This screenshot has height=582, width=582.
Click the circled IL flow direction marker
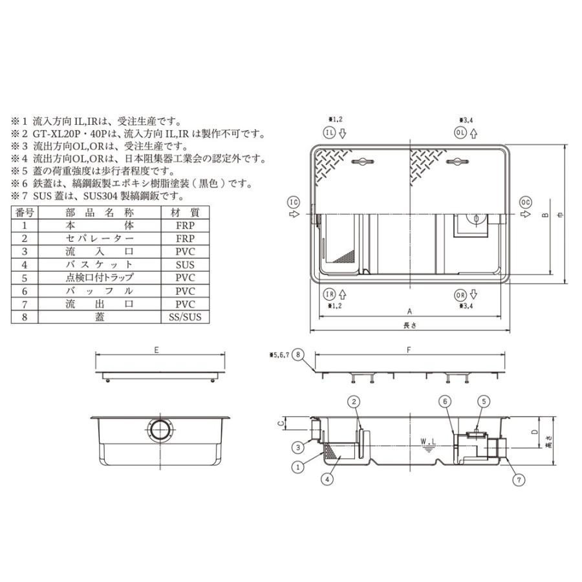click(329, 133)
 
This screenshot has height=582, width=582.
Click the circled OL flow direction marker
click(460, 133)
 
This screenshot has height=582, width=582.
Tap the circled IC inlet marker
click(293, 202)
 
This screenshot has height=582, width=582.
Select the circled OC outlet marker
click(526, 202)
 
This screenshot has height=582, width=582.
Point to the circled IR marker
click(329, 294)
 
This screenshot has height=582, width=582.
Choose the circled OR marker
click(460, 294)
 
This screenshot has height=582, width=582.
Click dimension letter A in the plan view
click(409, 310)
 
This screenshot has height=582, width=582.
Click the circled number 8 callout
click(297, 354)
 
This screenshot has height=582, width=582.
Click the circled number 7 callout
click(517, 479)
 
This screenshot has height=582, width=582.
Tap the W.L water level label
click(427, 442)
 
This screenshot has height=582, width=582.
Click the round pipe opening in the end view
click(160, 430)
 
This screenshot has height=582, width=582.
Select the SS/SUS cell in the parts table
click(185, 317)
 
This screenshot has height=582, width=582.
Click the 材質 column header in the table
click(185, 212)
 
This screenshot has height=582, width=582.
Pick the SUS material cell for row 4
click(185, 264)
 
